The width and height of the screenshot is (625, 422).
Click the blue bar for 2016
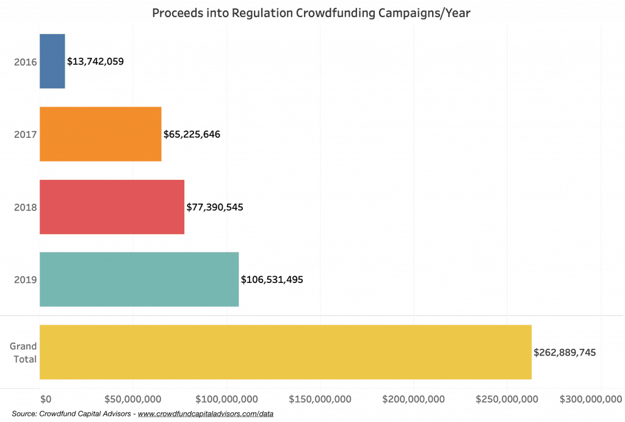pyautogui.click(x=52, y=62)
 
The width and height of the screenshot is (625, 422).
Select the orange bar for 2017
pyautogui.click(x=101, y=134)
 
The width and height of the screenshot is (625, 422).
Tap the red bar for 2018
pyautogui.click(x=112, y=207)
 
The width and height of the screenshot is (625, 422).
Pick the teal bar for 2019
pyautogui.click(x=139, y=279)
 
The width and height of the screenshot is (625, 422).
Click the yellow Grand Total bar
pyautogui.click(x=286, y=352)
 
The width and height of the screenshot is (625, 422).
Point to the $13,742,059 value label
pyautogui.click(x=95, y=62)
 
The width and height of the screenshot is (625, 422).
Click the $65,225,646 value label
pyautogui.click(x=192, y=134)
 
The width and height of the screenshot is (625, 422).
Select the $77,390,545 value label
pyautogui.click(x=215, y=207)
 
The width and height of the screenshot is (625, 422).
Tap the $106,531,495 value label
pyautogui.click(x=272, y=279)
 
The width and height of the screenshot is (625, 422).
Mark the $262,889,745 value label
pyautogui.click(x=565, y=352)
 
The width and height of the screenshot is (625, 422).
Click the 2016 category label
pyautogui.click(x=26, y=62)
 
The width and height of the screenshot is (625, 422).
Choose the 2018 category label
pyautogui.click(x=26, y=207)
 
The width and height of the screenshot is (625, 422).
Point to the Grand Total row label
pyautogui.click(x=24, y=352)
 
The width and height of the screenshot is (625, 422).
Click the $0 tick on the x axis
pyautogui.click(x=46, y=399)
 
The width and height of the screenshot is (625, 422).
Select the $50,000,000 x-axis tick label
pyautogui.click(x=132, y=399)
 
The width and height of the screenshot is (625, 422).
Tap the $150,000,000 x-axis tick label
pyautogui.click(x=320, y=399)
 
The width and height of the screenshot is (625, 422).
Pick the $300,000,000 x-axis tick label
pyautogui.click(x=591, y=399)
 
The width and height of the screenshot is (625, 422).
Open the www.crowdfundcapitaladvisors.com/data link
pyautogui.click(x=206, y=413)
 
